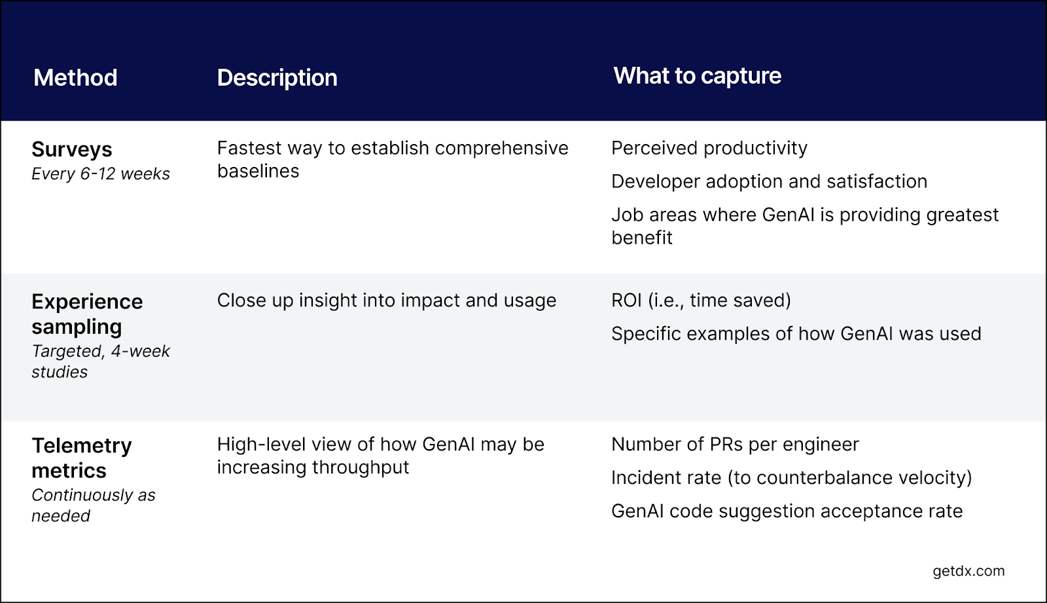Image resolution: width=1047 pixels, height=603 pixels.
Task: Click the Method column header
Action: (75, 78)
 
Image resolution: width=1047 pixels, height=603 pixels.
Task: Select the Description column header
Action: (277, 78)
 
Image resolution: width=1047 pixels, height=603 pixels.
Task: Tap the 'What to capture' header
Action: (697, 76)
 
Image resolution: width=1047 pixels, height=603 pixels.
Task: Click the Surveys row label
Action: (72, 149)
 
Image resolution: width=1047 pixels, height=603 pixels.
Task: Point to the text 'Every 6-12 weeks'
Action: (101, 174)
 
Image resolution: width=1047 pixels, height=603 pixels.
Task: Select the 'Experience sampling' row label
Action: (87, 314)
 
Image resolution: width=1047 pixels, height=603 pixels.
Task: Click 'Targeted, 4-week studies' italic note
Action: (100, 361)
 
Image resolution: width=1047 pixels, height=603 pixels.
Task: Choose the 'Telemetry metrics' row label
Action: (81, 458)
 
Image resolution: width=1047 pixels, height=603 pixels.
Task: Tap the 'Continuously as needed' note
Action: (93, 505)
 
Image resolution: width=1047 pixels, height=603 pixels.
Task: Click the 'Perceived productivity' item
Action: (709, 149)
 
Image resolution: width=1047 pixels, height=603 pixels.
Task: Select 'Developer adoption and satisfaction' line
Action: (769, 181)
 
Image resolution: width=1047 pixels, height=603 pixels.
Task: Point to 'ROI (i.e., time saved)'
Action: (701, 301)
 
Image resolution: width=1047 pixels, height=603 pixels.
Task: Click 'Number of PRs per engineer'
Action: (734, 445)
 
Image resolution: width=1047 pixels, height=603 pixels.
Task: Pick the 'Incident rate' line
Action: (791, 478)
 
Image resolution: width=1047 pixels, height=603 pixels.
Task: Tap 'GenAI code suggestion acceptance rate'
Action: (787, 511)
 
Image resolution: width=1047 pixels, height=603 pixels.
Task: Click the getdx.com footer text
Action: (968, 571)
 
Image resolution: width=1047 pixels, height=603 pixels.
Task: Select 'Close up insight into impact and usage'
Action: (386, 301)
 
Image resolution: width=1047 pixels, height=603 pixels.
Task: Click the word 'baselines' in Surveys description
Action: (258, 172)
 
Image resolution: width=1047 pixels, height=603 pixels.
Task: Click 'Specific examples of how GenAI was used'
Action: (796, 334)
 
